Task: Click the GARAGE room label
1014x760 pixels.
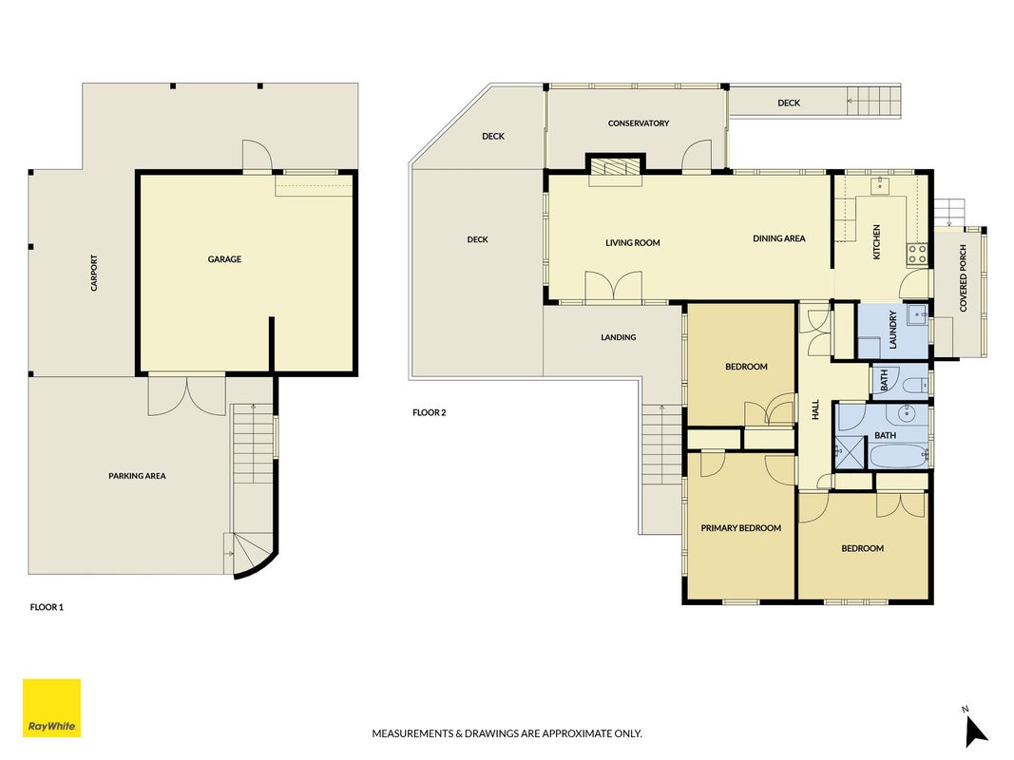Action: point(224,259)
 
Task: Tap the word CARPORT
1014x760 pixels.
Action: point(94,273)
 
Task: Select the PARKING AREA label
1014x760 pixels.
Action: point(137,476)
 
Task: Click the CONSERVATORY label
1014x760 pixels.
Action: point(639,123)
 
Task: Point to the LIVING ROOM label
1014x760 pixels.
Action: point(633,243)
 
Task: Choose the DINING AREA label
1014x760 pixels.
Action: point(778,238)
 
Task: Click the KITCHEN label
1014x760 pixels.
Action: point(877,242)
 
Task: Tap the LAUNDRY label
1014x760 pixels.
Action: point(893,330)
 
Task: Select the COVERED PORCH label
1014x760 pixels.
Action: point(963,278)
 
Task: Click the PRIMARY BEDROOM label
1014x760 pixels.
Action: point(741,528)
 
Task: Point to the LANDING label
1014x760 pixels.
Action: point(619,337)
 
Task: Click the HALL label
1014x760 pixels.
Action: point(814,409)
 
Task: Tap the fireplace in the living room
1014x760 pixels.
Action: point(615,169)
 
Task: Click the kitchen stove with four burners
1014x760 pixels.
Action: point(917,254)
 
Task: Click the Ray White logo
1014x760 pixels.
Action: point(51,708)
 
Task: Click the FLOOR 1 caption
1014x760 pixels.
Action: point(47,607)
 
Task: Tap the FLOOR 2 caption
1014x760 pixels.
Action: point(430,412)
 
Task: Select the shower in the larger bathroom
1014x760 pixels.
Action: point(850,452)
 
